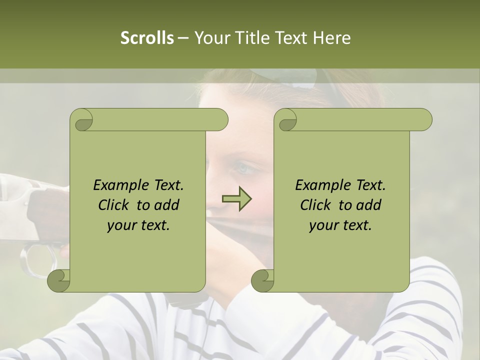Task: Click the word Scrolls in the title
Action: coord(147,37)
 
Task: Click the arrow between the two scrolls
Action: coord(237,199)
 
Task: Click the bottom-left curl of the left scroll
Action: coord(59,280)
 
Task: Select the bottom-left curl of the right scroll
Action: coord(262,280)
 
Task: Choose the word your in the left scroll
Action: coord(122,225)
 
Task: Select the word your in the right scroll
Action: coord(324,225)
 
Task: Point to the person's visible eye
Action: coord(244,169)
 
